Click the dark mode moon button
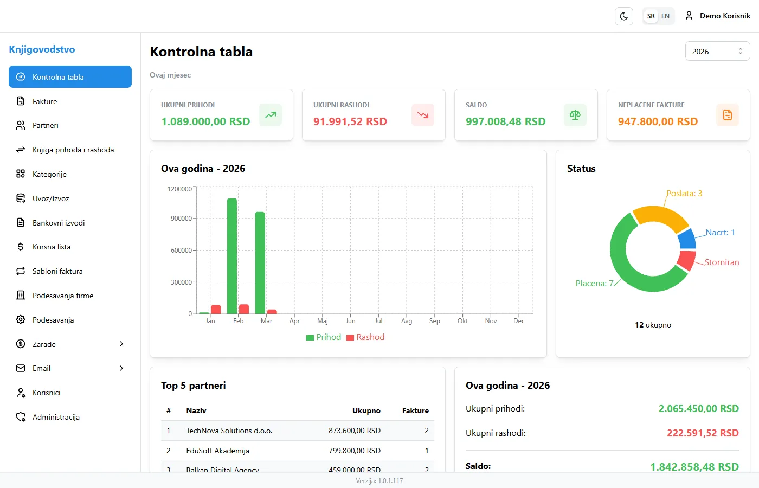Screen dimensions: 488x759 pyautogui.click(x=624, y=16)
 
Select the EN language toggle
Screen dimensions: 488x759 pyautogui.click(x=665, y=16)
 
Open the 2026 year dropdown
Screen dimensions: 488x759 pyautogui.click(x=717, y=52)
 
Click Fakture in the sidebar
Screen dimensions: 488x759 pyautogui.click(x=44, y=101)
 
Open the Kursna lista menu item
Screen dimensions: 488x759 pyautogui.click(x=52, y=247)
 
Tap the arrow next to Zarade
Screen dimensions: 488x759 pyautogui.click(x=121, y=344)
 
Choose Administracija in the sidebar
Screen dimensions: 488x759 pyautogui.click(x=56, y=417)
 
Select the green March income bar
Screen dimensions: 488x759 pyautogui.click(x=260, y=262)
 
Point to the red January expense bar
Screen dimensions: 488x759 pyautogui.click(x=216, y=309)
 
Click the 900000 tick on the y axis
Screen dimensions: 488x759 pyautogui.click(x=181, y=219)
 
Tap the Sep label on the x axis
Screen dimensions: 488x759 pyautogui.click(x=434, y=321)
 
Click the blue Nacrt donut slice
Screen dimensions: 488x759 pyautogui.click(x=687, y=239)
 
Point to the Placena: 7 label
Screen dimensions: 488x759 pyautogui.click(x=594, y=284)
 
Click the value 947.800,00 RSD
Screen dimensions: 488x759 pyautogui.click(x=658, y=121)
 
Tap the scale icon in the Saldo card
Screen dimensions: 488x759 pyautogui.click(x=575, y=115)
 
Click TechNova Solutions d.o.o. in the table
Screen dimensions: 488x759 pyautogui.click(x=229, y=431)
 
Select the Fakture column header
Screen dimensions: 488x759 pyautogui.click(x=415, y=410)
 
